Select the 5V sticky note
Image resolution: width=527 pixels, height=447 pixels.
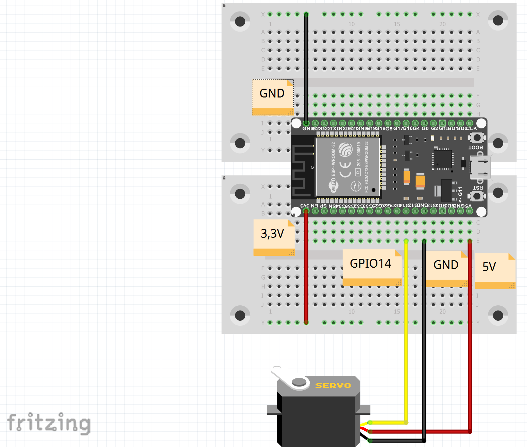point(495,270)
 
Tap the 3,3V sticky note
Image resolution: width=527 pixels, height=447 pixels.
point(274,237)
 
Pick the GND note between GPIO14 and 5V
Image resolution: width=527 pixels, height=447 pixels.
point(447,269)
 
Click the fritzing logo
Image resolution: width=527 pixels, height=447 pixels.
point(49,423)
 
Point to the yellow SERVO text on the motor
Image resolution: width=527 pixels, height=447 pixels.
point(333,386)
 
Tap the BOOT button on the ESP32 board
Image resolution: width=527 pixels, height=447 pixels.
point(477,138)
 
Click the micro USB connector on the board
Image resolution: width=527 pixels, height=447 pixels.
point(480,167)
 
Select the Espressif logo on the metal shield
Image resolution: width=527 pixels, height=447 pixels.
point(345,149)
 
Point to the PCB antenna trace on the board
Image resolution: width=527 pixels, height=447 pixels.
point(301,170)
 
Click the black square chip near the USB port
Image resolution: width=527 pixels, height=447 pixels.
point(443,159)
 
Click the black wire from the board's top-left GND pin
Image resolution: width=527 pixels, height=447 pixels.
point(306,68)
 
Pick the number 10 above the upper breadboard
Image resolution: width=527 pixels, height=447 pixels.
point(351,24)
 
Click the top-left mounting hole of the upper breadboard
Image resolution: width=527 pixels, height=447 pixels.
point(240,21)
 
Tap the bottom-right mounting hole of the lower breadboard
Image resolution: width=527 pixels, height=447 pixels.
point(498,316)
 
